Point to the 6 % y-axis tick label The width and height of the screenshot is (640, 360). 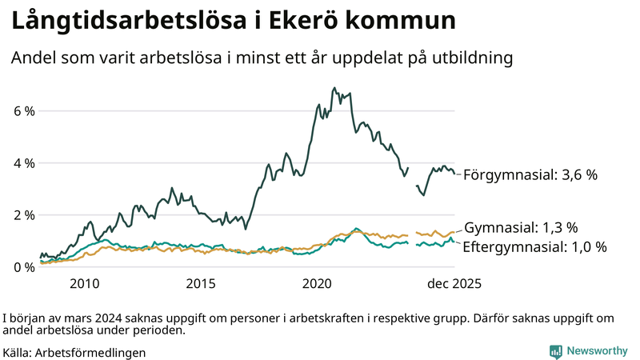point(23,110)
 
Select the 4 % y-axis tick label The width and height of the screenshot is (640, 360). point(23,163)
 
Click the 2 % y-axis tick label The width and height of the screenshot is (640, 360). point(23,215)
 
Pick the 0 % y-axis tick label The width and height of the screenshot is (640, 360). point(23,267)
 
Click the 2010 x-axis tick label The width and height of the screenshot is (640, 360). point(85,283)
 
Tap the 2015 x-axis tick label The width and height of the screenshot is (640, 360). point(201,283)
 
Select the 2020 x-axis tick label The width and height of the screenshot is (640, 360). point(318,283)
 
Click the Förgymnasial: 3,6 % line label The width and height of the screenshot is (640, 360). point(530,174)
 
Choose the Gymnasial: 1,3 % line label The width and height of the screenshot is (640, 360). point(521,228)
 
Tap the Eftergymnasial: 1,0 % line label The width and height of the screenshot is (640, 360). point(534,247)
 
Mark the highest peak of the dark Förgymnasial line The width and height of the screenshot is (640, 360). point(334,88)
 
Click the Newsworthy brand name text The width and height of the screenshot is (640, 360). point(597,351)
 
